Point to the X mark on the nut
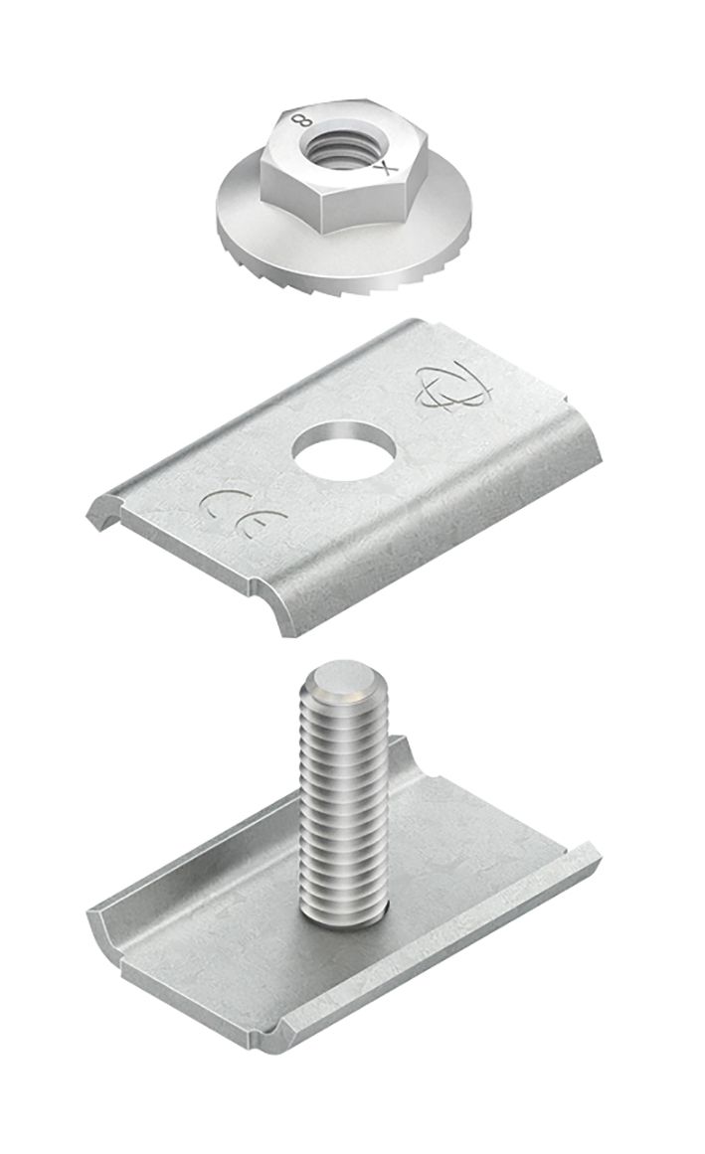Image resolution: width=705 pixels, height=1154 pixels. [x=382, y=168]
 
